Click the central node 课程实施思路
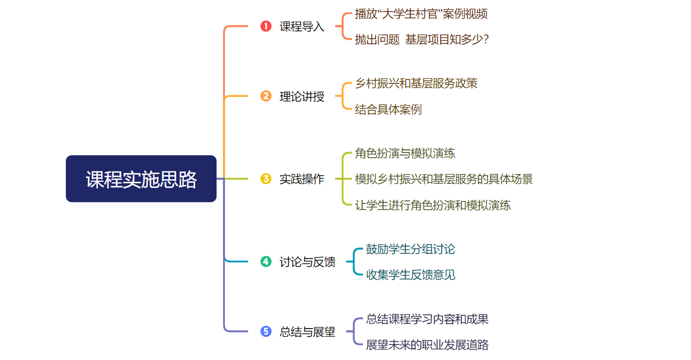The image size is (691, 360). (141, 179)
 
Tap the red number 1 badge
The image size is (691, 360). (266, 26)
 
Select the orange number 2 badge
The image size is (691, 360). (266, 96)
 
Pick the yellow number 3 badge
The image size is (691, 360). (266, 179)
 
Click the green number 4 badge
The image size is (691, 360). (266, 262)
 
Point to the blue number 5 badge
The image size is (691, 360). (266, 331)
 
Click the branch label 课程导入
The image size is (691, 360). (302, 27)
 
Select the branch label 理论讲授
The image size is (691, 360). (302, 96)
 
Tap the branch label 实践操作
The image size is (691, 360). (302, 179)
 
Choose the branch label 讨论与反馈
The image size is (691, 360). (307, 262)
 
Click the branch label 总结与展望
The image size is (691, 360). (307, 332)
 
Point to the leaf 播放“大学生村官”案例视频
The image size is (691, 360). (421, 14)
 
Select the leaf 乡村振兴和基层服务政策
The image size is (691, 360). (416, 83)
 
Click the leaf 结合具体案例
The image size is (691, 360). (388, 110)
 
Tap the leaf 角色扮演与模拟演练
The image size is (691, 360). (405, 153)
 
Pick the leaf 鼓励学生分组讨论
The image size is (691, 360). (410, 249)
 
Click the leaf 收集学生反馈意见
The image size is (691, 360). (410, 275)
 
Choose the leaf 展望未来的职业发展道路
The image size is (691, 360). (427, 345)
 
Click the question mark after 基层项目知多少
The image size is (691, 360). (486, 40)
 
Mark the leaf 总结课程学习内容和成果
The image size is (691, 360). (427, 319)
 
